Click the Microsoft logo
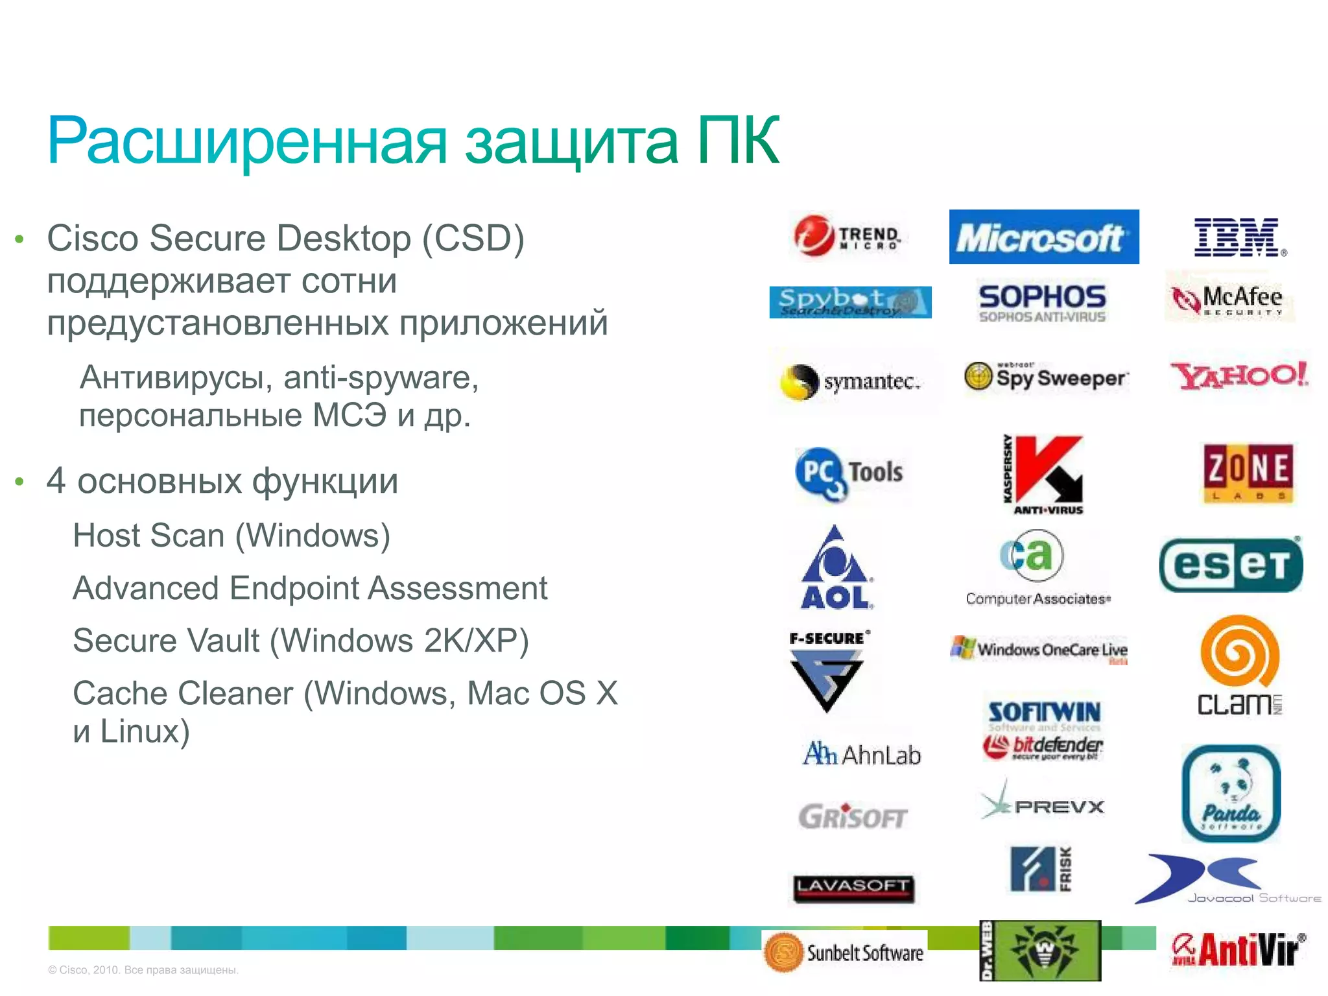[x=1043, y=237]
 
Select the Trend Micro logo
[x=848, y=236]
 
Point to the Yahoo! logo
[x=1239, y=376]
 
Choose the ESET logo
[x=1231, y=565]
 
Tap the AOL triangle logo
[x=835, y=567]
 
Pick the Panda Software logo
[x=1231, y=793]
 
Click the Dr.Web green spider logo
[x=1041, y=950]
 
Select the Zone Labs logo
[x=1248, y=473]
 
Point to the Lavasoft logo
[x=853, y=888]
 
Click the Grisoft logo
[x=853, y=816]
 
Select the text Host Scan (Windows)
[x=231, y=536]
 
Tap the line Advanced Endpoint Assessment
[x=310, y=588]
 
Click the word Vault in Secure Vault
[x=224, y=641]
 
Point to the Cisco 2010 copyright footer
[x=143, y=970]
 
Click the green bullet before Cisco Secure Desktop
[x=19, y=239]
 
